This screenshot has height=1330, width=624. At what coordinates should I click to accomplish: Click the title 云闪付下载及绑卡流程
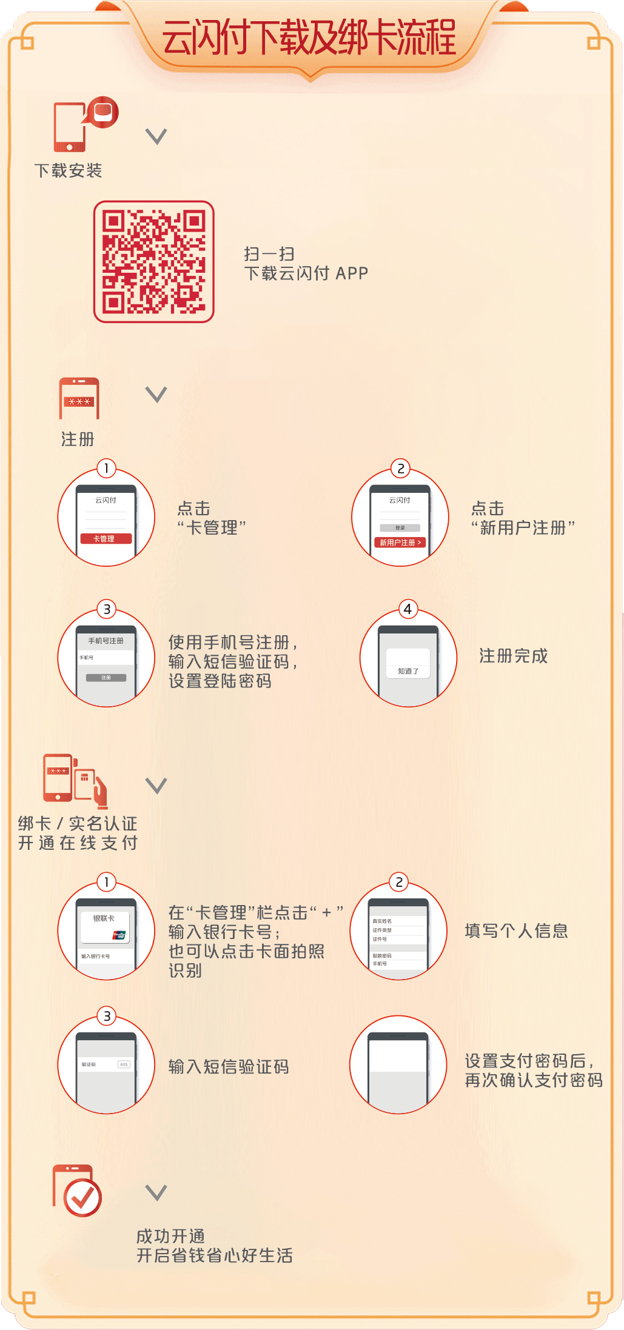point(309,38)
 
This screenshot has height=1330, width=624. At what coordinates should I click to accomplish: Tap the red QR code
point(154,262)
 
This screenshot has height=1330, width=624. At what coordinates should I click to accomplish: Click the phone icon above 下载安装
point(70,127)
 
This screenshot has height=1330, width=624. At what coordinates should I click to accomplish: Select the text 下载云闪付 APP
point(306,273)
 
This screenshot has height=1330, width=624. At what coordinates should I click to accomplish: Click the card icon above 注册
point(79,398)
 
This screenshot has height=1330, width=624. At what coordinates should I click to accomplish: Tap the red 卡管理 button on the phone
point(106,538)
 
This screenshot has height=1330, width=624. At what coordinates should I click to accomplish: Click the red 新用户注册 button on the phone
point(400,543)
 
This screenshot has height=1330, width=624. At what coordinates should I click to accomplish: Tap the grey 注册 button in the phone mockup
point(106,678)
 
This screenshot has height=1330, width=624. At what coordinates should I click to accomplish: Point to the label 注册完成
point(514,656)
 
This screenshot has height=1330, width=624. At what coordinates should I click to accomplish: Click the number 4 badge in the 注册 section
point(408,609)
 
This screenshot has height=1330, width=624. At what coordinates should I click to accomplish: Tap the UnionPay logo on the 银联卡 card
point(119,935)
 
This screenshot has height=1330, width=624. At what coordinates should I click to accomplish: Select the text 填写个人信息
point(517,931)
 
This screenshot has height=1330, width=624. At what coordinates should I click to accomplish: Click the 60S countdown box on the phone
point(124,1064)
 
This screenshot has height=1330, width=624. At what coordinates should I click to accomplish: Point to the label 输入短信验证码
point(229,1067)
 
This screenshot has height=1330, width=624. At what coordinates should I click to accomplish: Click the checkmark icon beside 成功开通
point(82,1197)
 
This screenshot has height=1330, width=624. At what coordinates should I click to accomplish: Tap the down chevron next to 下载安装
point(156,136)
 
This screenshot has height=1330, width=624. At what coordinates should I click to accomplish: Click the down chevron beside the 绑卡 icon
point(156,786)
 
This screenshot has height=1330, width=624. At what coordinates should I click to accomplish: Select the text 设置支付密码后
point(525,1061)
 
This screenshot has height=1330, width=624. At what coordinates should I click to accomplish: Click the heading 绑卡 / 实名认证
point(78,823)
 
